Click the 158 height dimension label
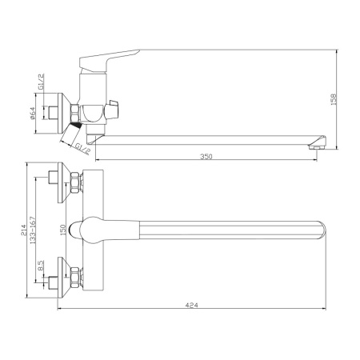click(x=334, y=99)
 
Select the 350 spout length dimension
click(x=206, y=156)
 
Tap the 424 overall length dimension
click(x=192, y=305)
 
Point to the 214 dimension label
click(x=24, y=230)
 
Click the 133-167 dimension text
click(x=33, y=230)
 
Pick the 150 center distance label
click(x=63, y=230)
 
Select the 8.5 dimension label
click(x=41, y=266)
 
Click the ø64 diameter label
click(x=32, y=113)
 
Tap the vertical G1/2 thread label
click(x=41, y=82)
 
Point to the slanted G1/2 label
click(x=82, y=149)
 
